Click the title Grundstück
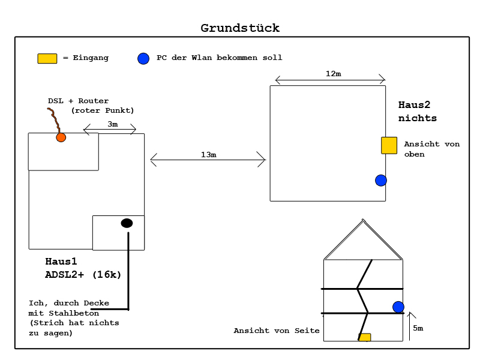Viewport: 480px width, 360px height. (x=240, y=28)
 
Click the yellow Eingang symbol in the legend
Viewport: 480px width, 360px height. (x=47, y=58)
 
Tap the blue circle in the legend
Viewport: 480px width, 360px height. (x=143, y=58)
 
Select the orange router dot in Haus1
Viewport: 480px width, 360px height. (x=61, y=137)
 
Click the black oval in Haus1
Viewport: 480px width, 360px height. (x=127, y=223)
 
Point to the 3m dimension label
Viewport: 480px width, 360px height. (x=113, y=124)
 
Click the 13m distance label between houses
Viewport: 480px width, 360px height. (x=208, y=155)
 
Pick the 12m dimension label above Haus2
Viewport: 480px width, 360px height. (x=333, y=74)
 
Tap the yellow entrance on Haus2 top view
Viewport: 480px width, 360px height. (x=389, y=145)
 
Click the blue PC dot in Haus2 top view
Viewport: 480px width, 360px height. (x=381, y=180)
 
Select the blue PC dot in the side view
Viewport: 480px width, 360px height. (x=398, y=307)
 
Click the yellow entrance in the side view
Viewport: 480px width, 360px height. (x=365, y=337)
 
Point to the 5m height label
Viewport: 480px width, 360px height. (x=418, y=328)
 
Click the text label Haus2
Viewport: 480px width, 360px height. (x=415, y=104)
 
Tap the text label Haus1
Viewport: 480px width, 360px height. (x=61, y=262)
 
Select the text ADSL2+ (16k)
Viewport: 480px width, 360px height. (x=83, y=275)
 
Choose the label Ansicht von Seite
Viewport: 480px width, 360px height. (x=277, y=331)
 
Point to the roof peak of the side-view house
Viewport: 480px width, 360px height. (x=363, y=220)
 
